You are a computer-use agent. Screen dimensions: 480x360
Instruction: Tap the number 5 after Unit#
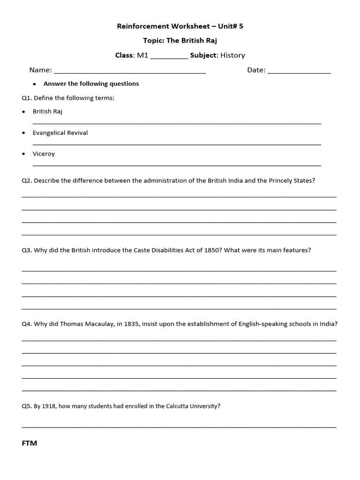pos(241,26)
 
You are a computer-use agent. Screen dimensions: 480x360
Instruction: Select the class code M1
pos(142,55)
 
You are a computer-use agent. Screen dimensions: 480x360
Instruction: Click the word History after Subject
pos(232,55)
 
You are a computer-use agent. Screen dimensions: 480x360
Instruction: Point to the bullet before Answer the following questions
pos(35,84)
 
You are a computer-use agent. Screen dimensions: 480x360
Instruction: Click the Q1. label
pos(27,98)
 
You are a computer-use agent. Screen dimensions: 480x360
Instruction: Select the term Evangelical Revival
pos(60,133)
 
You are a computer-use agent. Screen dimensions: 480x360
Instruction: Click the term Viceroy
pos(44,154)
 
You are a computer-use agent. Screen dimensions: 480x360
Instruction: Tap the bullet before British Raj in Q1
pos(24,112)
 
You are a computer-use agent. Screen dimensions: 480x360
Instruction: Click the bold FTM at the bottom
pos(30,443)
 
